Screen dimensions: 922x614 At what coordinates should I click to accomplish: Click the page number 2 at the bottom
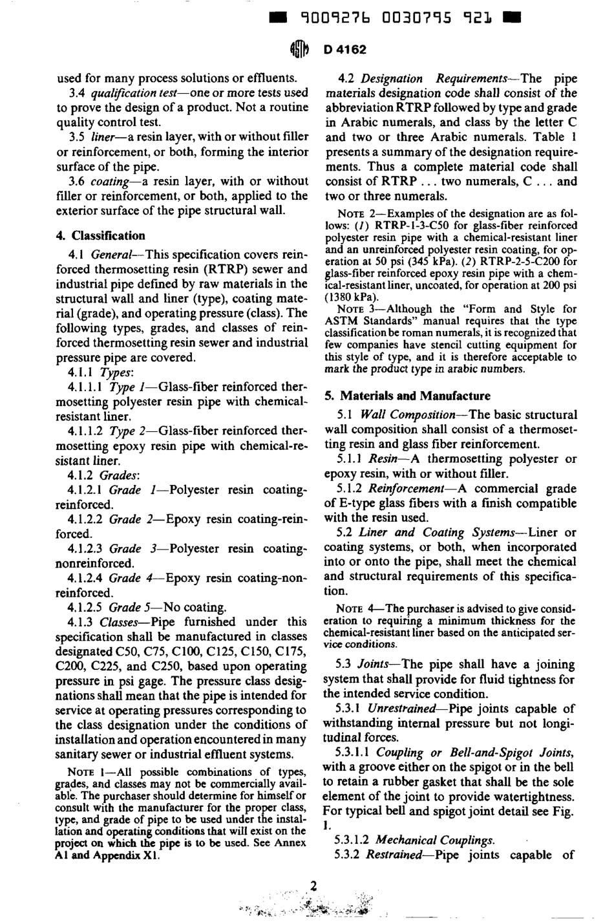313,886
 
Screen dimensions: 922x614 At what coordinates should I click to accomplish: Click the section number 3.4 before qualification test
77,93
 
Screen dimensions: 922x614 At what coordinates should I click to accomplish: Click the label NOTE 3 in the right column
355,309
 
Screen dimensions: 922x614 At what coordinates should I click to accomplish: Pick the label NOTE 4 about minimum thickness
353,609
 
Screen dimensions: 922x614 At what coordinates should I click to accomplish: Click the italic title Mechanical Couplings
434,841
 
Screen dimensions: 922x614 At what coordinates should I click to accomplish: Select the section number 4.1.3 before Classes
81,622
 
